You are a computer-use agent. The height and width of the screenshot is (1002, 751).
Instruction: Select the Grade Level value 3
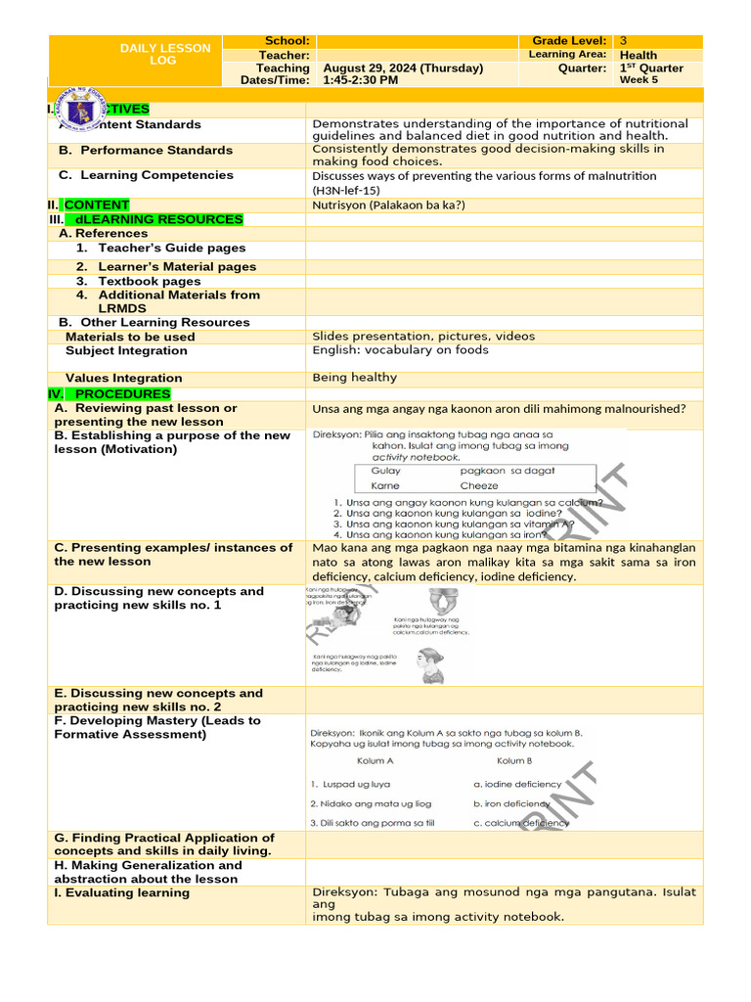[624, 41]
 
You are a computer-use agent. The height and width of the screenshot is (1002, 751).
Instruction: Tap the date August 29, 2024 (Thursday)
[403, 68]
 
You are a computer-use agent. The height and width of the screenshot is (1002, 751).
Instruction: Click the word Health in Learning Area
[639, 56]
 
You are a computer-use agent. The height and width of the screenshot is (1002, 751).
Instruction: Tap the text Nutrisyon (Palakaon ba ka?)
[388, 205]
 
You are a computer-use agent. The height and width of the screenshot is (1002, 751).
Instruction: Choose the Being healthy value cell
[355, 378]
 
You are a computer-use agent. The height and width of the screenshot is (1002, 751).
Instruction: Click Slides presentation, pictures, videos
[423, 336]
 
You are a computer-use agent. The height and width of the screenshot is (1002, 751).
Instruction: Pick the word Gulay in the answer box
[386, 471]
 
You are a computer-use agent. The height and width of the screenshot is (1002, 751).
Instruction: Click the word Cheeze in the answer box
[479, 485]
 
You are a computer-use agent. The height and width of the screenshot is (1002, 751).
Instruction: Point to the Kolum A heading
[375, 760]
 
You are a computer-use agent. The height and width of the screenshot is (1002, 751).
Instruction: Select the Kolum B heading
[514, 760]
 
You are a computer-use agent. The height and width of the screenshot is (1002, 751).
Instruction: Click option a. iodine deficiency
[517, 784]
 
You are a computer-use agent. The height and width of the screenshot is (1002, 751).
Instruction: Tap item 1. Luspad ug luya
[350, 784]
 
